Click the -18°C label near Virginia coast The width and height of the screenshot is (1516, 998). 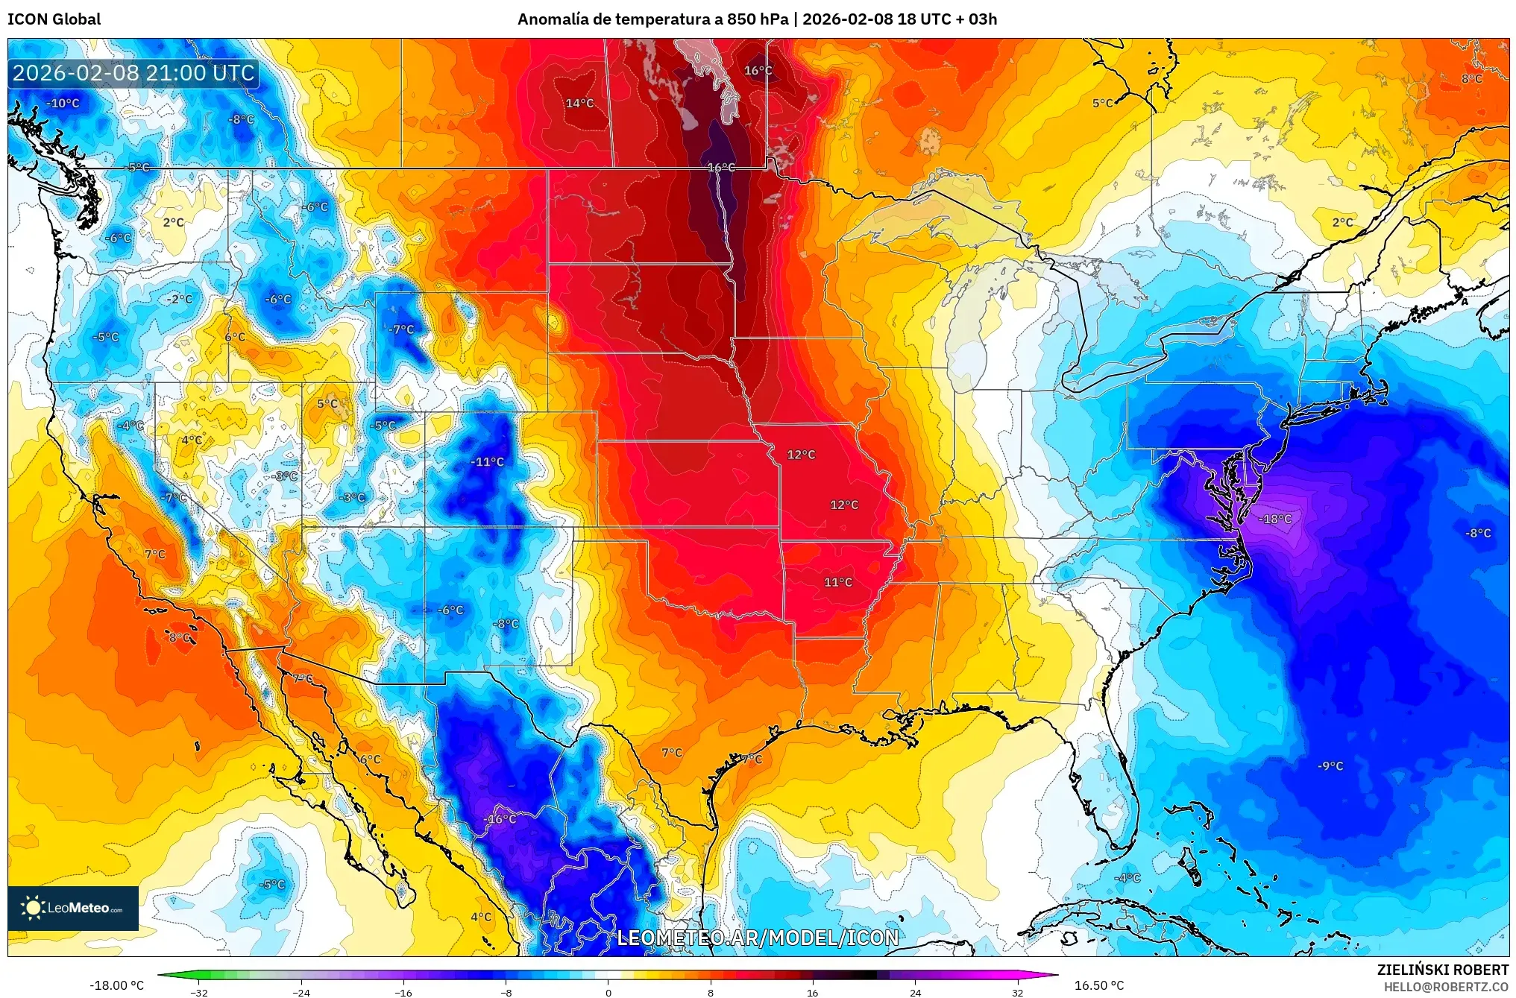pyautogui.click(x=1275, y=519)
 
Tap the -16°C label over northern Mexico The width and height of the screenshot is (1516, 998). pyautogui.click(x=500, y=818)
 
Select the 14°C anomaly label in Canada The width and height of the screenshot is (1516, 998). pyautogui.click(x=579, y=103)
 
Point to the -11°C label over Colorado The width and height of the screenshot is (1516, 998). pyautogui.click(x=487, y=461)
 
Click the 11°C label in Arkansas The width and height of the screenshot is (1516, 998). pyautogui.click(x=837, y=582)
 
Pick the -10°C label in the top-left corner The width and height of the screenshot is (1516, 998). pyautogui.click(x=63, y=103)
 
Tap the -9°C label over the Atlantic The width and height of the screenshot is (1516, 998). pyautogui.click(x=1330, y=765)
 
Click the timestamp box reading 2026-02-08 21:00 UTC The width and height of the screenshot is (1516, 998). pyautogui.click(x=133, y=73)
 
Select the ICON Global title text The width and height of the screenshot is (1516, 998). pyautogui.click(x=54, y=19)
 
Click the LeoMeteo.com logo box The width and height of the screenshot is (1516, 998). pyautogui.click(x=73, y=908)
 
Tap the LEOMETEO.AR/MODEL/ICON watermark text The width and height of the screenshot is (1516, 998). pyautogui.click(x=758, y=938)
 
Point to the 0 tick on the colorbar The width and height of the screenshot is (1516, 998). pyautogui.click(x=608, y=992)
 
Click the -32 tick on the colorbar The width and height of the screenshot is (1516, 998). pyautogui.click(x=198, y=992)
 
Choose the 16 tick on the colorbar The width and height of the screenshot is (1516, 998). pyautogui.click(x=812, y=992)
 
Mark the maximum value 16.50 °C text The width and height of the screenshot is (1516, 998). pyautogui.click(x=1098, y=985)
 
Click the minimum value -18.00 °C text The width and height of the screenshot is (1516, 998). pyautogui.click(x=117, y=985)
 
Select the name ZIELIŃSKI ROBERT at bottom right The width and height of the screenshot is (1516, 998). pyautogui.click(x=1442, y=970)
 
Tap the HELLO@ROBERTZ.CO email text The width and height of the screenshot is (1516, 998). pyautogui.click(x=1446, y=987)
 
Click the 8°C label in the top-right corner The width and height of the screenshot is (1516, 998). pyautogui.click(x=1471, y=78)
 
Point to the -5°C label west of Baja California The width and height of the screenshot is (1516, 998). pyautogui.click(x=272, y=884)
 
